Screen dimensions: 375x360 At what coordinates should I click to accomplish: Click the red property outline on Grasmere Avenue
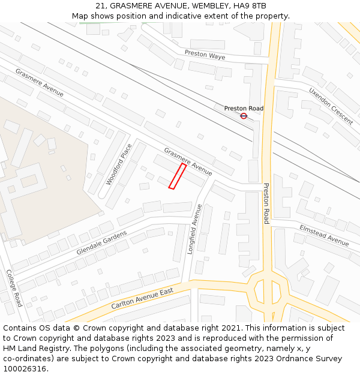[x=177, y=176]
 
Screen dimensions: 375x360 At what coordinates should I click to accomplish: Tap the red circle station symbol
[x=244, y=116]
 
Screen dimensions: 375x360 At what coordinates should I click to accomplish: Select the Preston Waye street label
[x=205, y=55]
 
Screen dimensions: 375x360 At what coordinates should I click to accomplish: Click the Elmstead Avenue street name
[x=324, y=235]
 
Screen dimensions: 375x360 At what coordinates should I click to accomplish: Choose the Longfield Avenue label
[x=194, y=229]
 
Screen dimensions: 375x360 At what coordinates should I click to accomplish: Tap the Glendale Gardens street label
[x=101, y=242]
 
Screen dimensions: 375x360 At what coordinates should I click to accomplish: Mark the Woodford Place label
[x=119, y=164]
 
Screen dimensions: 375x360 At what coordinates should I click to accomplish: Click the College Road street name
[x=14, y=287]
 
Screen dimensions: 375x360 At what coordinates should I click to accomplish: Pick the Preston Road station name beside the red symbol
[x=244, y=108]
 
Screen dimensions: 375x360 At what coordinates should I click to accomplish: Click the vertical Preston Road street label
[x=266, y=203]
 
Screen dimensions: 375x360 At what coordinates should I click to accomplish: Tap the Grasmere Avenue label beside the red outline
[x=188, y=161]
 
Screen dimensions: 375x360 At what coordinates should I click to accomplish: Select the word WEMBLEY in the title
[x=212, y=6]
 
